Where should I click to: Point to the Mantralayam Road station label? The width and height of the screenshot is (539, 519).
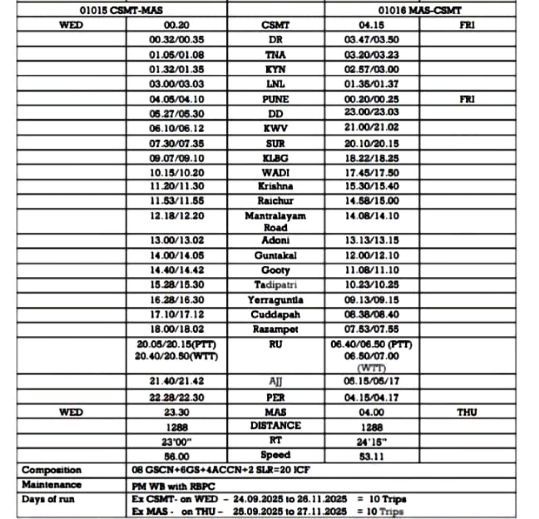[275, 222]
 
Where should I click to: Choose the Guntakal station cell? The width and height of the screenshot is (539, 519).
[275, 255]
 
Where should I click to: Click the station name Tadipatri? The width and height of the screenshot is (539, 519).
[275, 285]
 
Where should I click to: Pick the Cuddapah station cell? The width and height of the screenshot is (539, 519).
[275, 314]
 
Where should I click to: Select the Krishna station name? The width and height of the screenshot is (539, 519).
[275, 186]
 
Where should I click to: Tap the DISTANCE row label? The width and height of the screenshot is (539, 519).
[275, 425]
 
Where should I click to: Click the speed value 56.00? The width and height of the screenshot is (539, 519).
[176, 456]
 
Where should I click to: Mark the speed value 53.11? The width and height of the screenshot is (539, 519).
[372, 456]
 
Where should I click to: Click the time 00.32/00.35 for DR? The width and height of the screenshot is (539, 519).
[176, 39]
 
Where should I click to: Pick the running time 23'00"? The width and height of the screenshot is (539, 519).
[176, 442]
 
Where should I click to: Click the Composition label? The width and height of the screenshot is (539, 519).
[52, 470]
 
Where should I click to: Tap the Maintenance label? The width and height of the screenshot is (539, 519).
[52, 484]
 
